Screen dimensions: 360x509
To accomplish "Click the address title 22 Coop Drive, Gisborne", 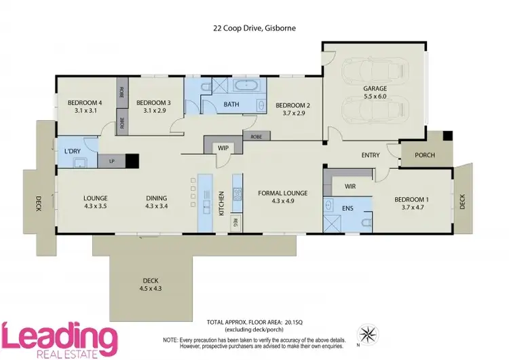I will click(254, 29).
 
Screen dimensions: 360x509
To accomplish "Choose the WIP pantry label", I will click(223, 147).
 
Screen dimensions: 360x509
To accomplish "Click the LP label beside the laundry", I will click(111, 162).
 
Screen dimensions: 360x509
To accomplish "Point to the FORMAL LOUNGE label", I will click(283, 193).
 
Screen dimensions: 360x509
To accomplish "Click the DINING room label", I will click(156, 199).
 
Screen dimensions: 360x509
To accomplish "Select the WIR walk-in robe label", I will click(350, 185).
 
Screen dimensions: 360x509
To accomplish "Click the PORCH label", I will click(425, 155).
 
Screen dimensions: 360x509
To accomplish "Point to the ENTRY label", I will click(371, 155).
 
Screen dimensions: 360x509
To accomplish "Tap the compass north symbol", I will click(368, 334).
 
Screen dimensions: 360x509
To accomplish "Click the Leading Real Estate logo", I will click(60, 338).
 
